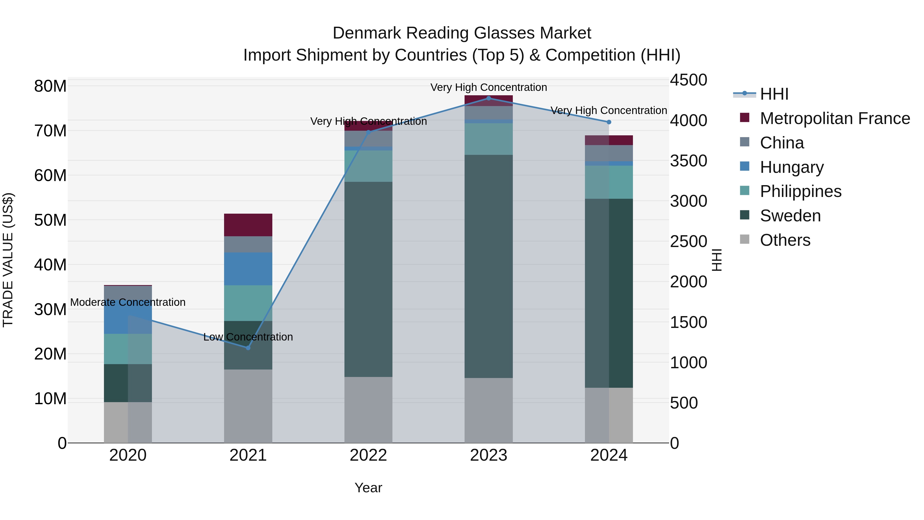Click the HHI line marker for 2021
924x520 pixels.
248,347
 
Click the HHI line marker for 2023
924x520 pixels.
488,98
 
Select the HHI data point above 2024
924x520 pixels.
609,122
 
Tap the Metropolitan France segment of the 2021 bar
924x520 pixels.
248,225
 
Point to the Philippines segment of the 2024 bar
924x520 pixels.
609,182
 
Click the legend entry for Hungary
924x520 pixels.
791,167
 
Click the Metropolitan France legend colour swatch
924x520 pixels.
745,118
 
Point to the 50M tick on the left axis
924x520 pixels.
50,220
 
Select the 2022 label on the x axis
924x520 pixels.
368,455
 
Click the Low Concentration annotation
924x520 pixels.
248,337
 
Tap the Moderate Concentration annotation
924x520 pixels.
128,302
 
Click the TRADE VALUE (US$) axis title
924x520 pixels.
8,260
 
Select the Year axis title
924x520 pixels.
368,488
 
